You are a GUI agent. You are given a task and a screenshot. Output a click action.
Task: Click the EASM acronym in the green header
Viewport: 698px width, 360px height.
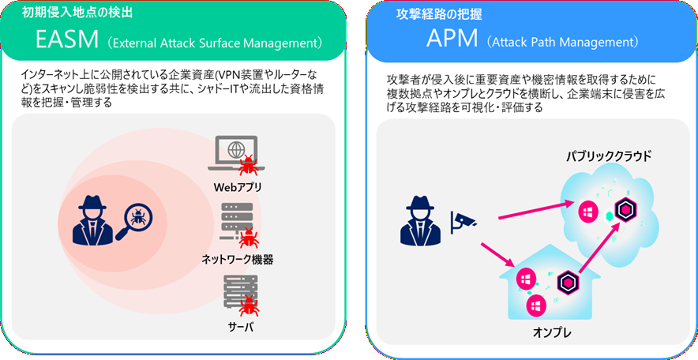tap(66, 39)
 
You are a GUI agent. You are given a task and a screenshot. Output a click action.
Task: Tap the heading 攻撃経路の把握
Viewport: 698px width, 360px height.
tap(437, 13)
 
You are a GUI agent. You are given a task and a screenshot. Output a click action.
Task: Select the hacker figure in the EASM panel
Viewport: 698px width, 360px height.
tap(94, 217)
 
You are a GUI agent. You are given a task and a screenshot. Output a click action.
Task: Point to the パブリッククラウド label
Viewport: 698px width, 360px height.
tap(610, 156)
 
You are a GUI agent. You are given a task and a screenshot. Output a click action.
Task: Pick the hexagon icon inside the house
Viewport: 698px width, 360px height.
tap(566, 283)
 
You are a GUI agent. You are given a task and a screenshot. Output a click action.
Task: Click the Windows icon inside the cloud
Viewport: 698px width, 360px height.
tap(587, 212)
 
